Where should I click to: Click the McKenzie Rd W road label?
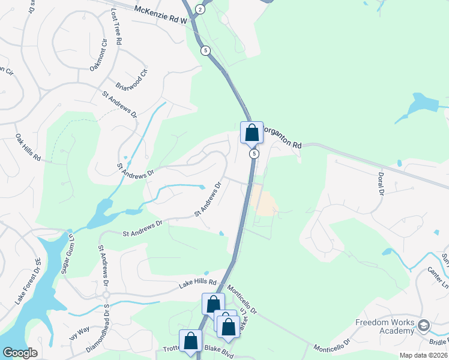(161, 10)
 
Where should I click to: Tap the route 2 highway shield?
(200, 10)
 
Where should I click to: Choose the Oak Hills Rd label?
(28, 148)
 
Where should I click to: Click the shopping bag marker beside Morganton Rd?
(252, 133)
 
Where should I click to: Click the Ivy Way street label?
(79, 333)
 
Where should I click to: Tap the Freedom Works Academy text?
(385, 327)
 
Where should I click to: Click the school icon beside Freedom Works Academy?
(423, 326)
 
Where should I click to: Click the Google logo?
(20, 353)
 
